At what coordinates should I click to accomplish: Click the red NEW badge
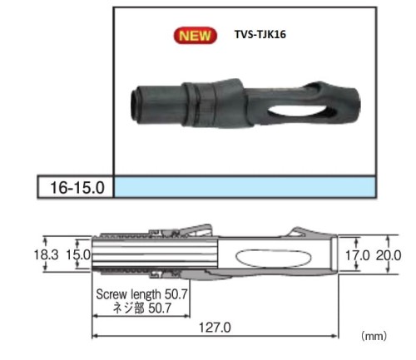pos(196,36)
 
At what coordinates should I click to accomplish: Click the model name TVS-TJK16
pos(260,34)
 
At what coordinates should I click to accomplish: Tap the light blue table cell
pos(245,187)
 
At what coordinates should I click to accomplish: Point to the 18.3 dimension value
pos(46,254)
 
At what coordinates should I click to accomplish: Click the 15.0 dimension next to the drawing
pos(78,254)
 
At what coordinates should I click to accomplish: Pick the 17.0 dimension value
pos(357,255)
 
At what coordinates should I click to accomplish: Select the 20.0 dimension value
pos(389,255)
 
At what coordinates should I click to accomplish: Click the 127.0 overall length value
pos(215,328)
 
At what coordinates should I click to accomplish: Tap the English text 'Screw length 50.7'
pos(141,294)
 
